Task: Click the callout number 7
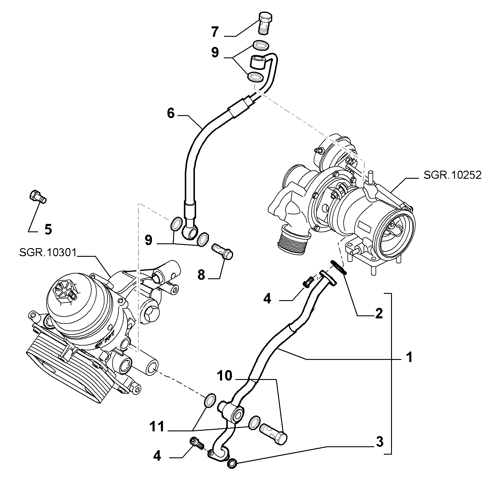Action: click(x=215, y=32)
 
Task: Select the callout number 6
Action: click(x=170, y=114)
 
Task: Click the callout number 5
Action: click(x=48, y=229)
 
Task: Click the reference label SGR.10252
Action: click(x=452, y=175)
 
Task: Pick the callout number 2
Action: click(x=379, y=314)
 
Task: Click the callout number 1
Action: click(x=410, y=357)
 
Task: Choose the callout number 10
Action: click(x=224, y=376)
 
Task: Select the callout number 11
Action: click(x=157, y=427)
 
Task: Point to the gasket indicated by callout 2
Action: click(x=339, y=267)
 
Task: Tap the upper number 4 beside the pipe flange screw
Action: click(x=267, y=299)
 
